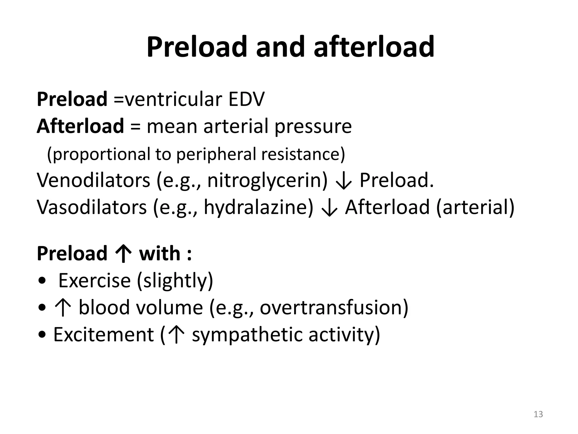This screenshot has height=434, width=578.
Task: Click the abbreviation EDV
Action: (246, 99)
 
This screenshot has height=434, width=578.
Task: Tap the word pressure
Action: (313, 127)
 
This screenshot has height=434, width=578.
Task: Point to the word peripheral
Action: (216, 155)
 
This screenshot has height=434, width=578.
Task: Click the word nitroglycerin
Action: (267, 181)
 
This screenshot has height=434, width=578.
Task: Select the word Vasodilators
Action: (92, 207)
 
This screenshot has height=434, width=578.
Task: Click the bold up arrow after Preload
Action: (123, 253)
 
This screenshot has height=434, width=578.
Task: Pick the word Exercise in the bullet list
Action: (95, 281)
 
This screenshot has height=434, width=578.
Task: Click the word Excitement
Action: (104, 335)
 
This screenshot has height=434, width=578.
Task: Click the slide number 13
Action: (538, 414)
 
